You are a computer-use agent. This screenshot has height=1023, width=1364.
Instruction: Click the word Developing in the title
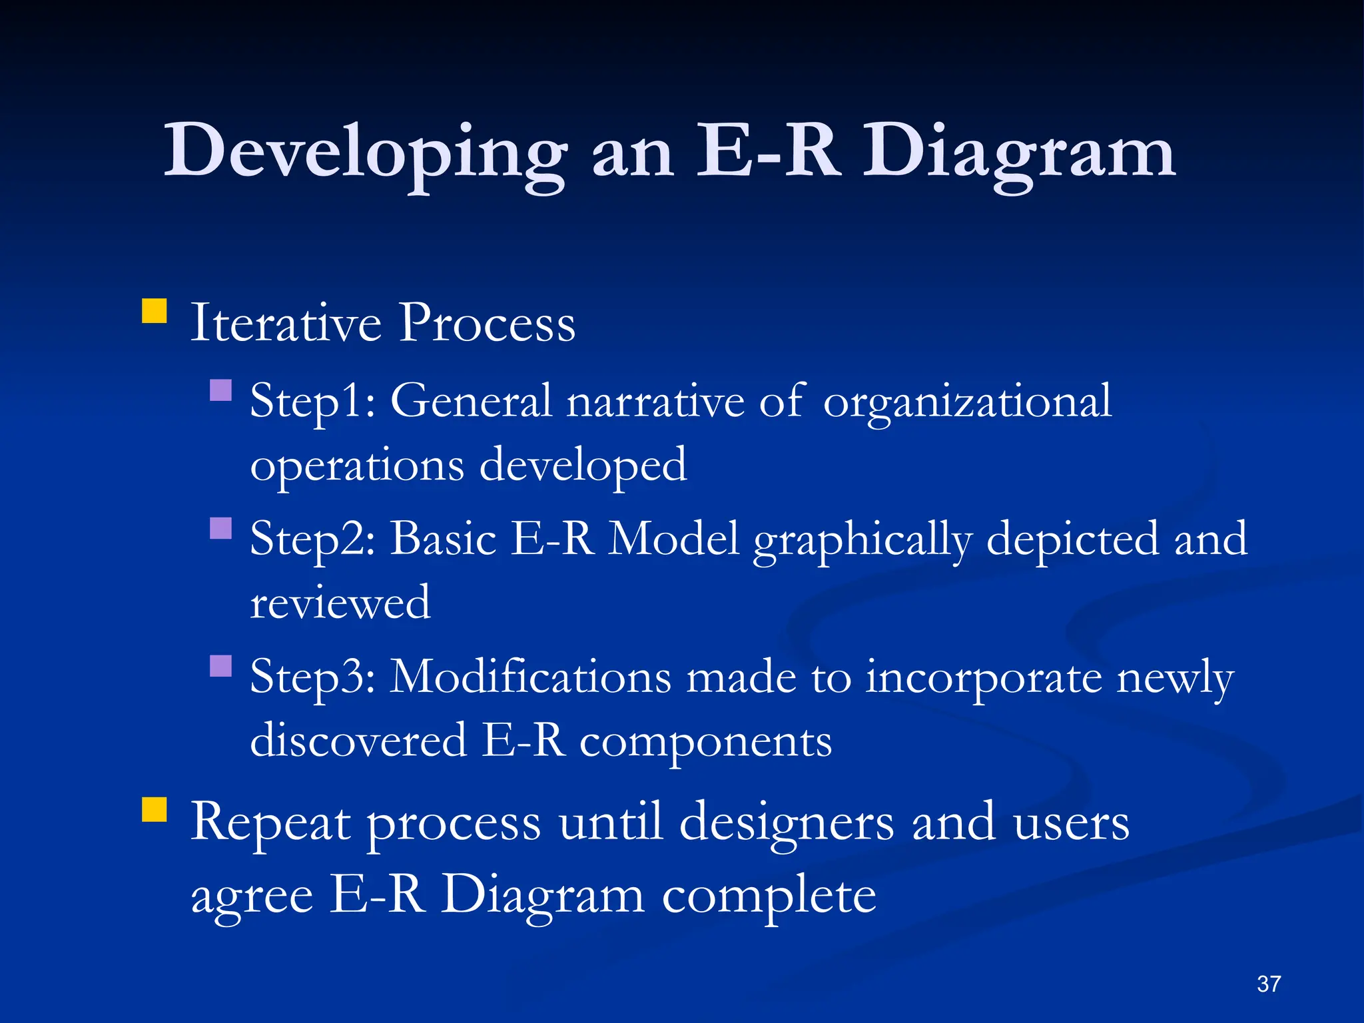365,153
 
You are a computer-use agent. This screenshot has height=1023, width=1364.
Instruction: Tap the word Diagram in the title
1019,153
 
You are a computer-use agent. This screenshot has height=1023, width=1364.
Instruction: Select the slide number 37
1268,984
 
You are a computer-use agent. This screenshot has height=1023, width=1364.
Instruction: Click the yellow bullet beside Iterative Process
155,311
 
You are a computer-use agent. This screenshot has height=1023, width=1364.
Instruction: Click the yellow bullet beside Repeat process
155,810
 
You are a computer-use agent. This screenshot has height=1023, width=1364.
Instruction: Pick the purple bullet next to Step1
220,390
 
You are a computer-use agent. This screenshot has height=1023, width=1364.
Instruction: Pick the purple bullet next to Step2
220,528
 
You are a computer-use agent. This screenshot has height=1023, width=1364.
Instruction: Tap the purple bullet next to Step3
220,666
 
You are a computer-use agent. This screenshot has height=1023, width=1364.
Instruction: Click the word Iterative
286,323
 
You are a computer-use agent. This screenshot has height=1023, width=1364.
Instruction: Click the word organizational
967,402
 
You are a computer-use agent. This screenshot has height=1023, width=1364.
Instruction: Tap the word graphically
862,539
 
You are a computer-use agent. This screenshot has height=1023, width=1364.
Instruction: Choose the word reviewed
340,603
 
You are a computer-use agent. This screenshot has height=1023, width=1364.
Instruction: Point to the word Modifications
530,677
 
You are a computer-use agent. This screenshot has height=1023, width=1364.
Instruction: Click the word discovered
358,741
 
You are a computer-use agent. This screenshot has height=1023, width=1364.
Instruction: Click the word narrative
655,402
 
